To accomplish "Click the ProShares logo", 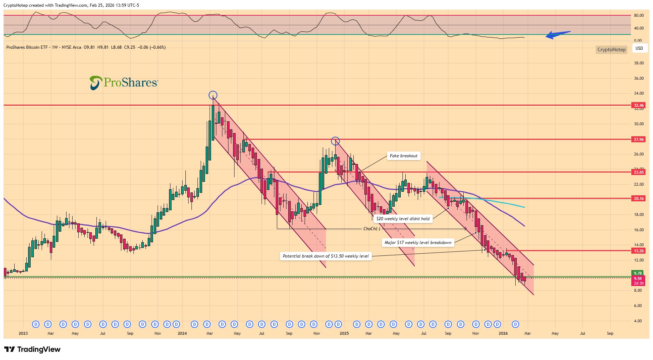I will click(x=123, y=83).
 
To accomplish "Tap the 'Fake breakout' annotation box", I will click(x=404, y=156).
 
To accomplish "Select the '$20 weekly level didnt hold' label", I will click(x=403, y=219).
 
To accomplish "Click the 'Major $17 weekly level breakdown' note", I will click(x=418, y=243).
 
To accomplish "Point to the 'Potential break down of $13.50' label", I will click(x=326, y=256).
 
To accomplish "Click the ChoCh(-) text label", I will click(x=372, y=229).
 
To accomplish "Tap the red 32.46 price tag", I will click(x=638, y=105).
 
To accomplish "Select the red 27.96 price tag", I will click(x=638, y=139).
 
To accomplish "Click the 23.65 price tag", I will click(x=638, y=172).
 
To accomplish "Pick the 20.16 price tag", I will click(x=638, y=198).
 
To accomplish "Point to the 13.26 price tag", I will click(x=638, y=251).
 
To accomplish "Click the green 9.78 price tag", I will click(x=638, y=273).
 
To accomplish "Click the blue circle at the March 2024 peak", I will click(x=213, y=95).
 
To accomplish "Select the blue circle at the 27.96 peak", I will click(x=335, y=141).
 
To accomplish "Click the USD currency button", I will click(x=639, y=48).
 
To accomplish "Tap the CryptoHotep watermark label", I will click(x=611, y=49).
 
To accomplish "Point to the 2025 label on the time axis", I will click(x=344, y=333).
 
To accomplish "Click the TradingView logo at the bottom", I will click(x=32, y=349).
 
